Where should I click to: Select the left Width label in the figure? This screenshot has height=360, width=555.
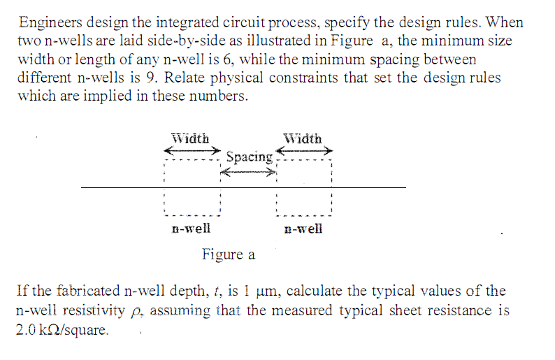click(x=190, y=138)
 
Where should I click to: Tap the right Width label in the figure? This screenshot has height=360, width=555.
click(x=303, y=138)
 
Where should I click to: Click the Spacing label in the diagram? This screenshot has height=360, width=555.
click(x=250, y=157)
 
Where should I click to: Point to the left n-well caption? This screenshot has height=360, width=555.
click(x=191, y=228)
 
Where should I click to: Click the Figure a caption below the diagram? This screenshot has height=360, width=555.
click(x=229, y=254)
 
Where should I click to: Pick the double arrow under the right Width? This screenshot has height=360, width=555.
click(x=305, y=150)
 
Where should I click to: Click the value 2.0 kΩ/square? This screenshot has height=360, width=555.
click(x=62, y=329)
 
